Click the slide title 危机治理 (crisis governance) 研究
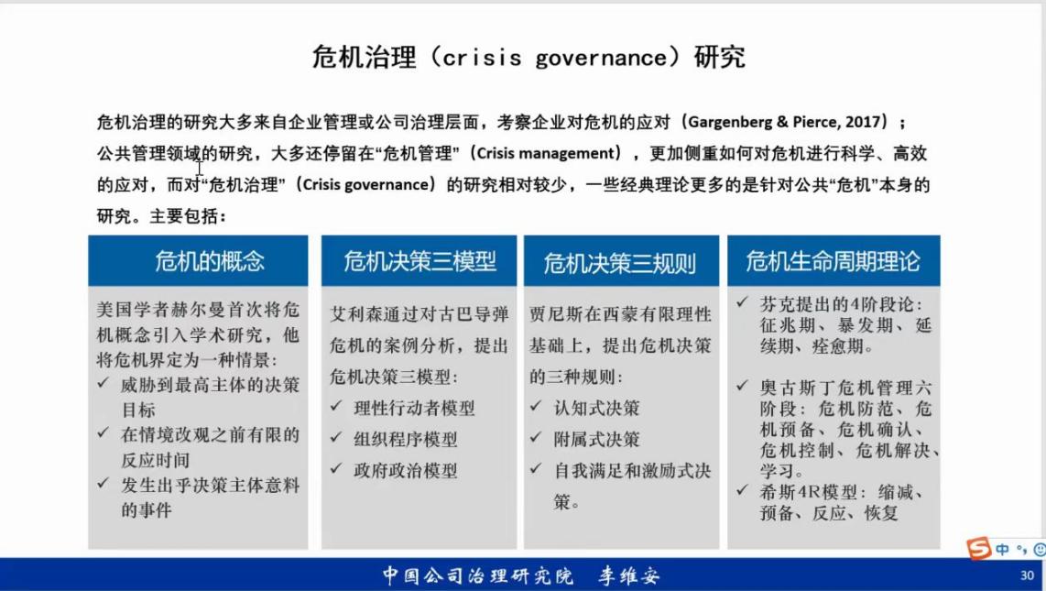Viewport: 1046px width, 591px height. (528, 58)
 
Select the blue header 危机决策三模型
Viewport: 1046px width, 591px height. (419, 261)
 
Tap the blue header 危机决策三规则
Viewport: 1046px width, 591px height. (621, 261)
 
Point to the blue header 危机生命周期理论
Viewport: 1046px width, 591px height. (834, 261)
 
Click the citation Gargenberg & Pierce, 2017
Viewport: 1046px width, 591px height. (783, 122)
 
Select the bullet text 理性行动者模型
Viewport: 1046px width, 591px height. (414, 409)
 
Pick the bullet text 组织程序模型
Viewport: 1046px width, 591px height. (406, 440)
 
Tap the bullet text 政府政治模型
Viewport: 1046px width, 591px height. (406, 471)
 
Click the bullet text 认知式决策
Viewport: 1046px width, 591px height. (596, 409)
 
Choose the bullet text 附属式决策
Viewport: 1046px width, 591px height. (596, 440)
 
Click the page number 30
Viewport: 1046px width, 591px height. (1027, 575)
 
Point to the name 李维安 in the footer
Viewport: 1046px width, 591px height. (628, 575)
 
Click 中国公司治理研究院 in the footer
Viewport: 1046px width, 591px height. (477, 575)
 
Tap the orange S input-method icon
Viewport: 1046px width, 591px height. (979, 548)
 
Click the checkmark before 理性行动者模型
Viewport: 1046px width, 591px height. (336, 406)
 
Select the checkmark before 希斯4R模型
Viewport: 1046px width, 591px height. (742, 490)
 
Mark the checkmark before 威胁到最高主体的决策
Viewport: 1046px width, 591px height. (103, 382)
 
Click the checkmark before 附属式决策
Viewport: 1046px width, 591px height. (536, 437)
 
